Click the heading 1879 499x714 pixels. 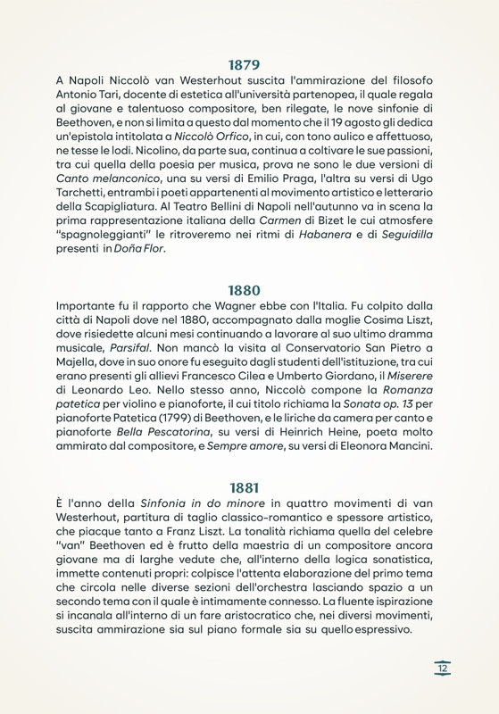click(x=244, y=64)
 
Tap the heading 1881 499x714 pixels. click(x=244, y=487)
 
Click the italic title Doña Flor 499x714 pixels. click(x=139, y=250)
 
